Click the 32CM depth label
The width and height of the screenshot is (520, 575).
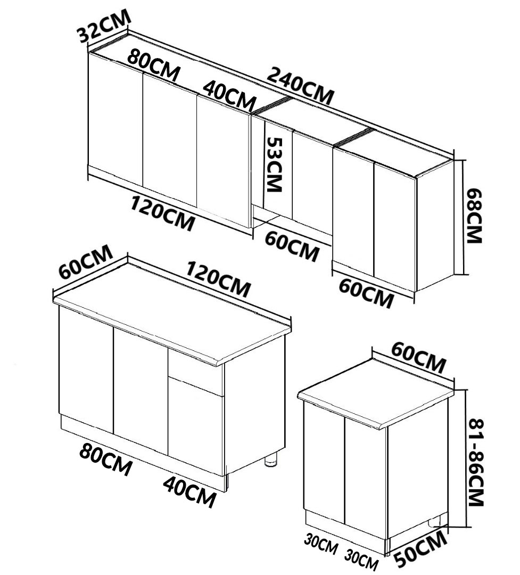click(x=104, y=26)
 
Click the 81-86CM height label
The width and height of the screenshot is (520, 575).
click(x=476, y=463)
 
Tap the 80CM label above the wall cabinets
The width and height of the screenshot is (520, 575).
click(x=154, y=67)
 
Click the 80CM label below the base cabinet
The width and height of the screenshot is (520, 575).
click(x=105, y=459)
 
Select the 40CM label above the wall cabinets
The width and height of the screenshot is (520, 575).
click(x=229, y=94)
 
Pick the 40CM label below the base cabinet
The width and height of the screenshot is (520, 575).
click(x=189, y=492)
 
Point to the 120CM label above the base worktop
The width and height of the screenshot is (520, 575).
click(x=219, y=278)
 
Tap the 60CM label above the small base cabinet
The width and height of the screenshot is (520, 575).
click(x=418, y=357)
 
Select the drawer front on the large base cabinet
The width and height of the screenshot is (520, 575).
click(x=196, y=372)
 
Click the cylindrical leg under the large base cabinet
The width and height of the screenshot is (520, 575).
click(x=271, y=459)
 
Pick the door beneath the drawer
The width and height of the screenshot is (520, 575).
click(x=196, y=426)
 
